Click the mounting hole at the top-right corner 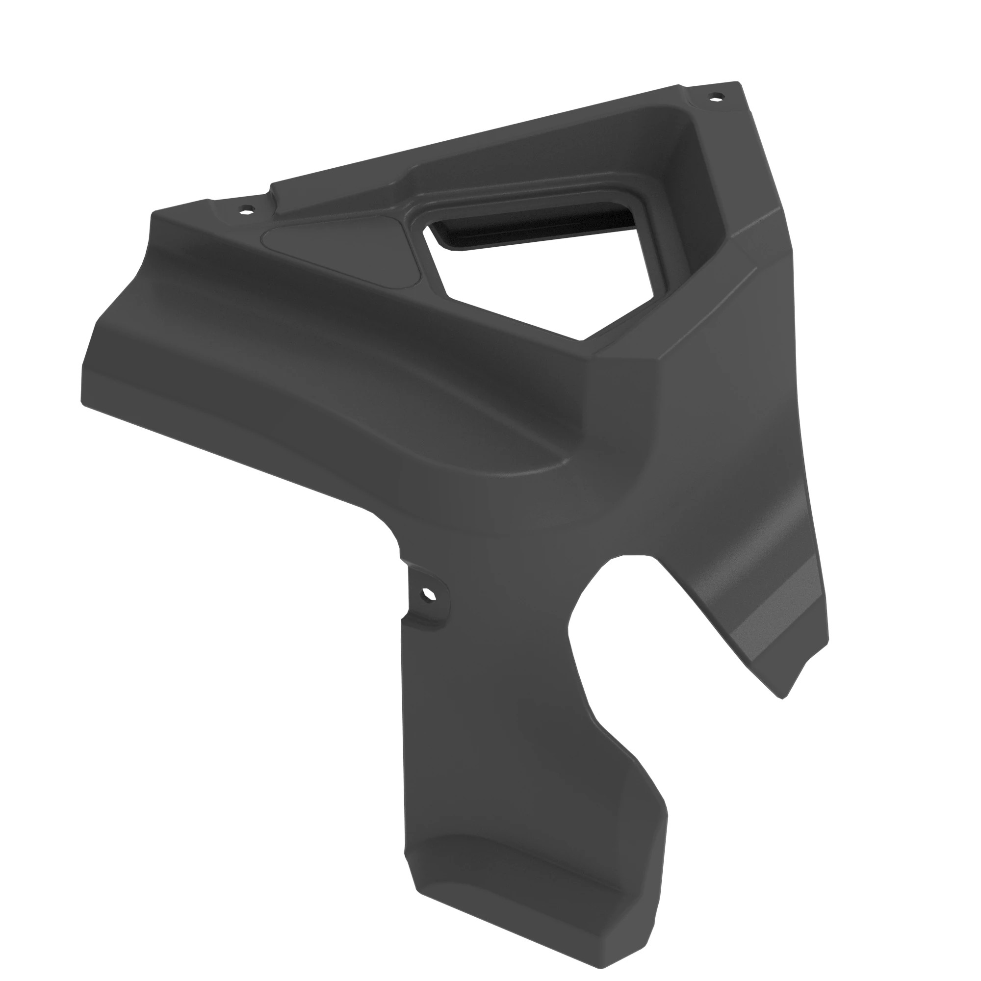coord(717,96)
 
